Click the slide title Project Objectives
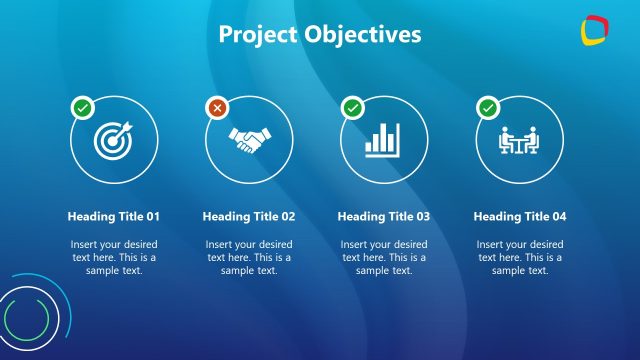pos(320,35)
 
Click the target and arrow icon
pos(113,140)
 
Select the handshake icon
pos(249,140)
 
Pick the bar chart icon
pos(384,140)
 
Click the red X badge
pos(217,106)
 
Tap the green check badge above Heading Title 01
pos(81,106)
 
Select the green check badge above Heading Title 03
pos(352,106)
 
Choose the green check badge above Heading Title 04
pos(488,106)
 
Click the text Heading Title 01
pos(113,216)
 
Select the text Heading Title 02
pos(249,216)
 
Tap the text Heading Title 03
pos(384,216)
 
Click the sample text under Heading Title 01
pos(113,257)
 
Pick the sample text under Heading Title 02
pos(249,257)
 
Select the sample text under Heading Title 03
pos(384,257)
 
